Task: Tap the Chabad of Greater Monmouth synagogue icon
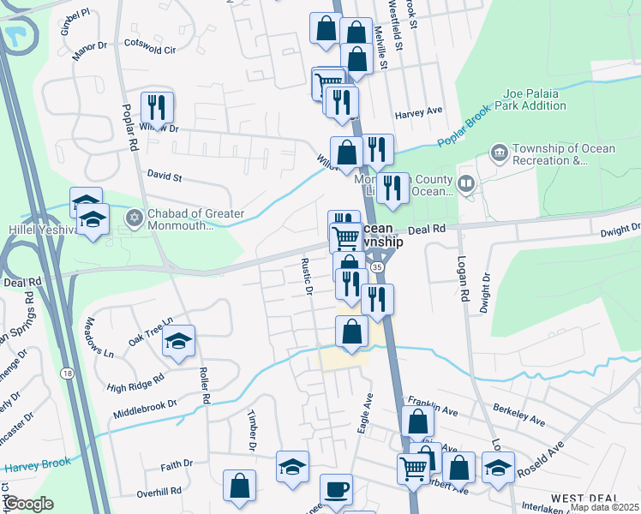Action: [x=132, y=217]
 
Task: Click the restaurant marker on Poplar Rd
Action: [x=157, y=107]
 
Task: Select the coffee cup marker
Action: [x=336, y=489]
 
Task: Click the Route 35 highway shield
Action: [x=379, y=268]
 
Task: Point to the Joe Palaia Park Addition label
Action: [x=535, y=99]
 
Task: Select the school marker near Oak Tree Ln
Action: [x=179, y=342]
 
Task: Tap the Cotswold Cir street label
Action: [x=150, y=50]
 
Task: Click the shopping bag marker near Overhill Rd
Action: [x=239, y=486]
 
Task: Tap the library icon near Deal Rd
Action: [x=465, y=182]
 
